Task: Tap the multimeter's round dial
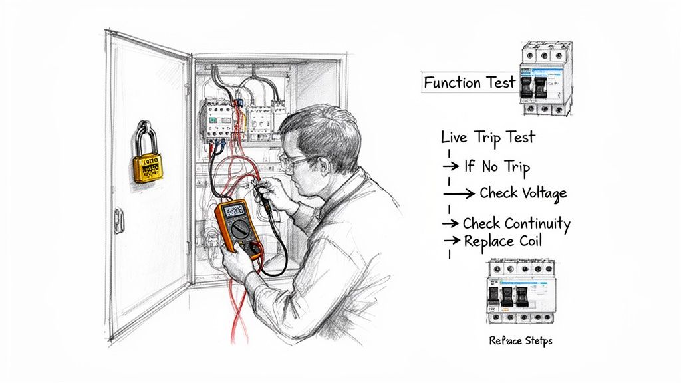(x=241, y=229)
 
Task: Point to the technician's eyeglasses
(x=297, y=160)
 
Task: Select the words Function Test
(x=470, y=83)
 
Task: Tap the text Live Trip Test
(x=487, y=138)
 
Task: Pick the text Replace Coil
(x=502, y=241)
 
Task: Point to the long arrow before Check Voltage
(x=459, y=193)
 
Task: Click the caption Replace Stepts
(x=520, y=341)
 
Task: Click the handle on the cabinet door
(x=120, y=220)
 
